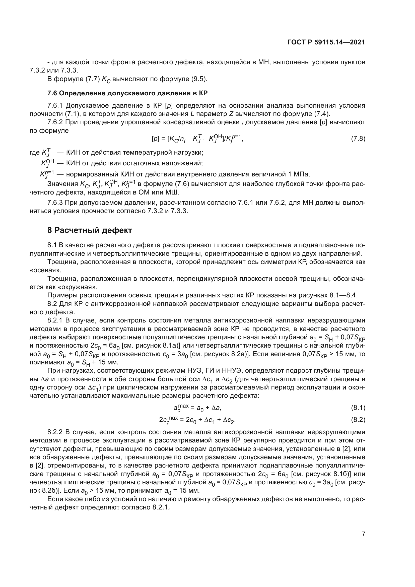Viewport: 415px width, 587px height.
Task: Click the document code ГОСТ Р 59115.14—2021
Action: click(x=326, y=42)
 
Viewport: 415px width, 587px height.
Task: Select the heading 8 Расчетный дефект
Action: click(x=89, y=230)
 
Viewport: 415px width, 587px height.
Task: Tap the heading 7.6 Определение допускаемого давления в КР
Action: click(x=127, y=93)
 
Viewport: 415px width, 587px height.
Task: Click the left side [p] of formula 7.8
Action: click(x=155, y=139)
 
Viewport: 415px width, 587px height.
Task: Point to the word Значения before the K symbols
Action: click(x=62, y=184)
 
